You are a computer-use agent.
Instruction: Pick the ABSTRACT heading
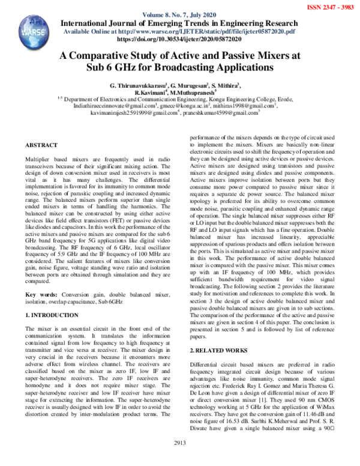pos(41,145)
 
